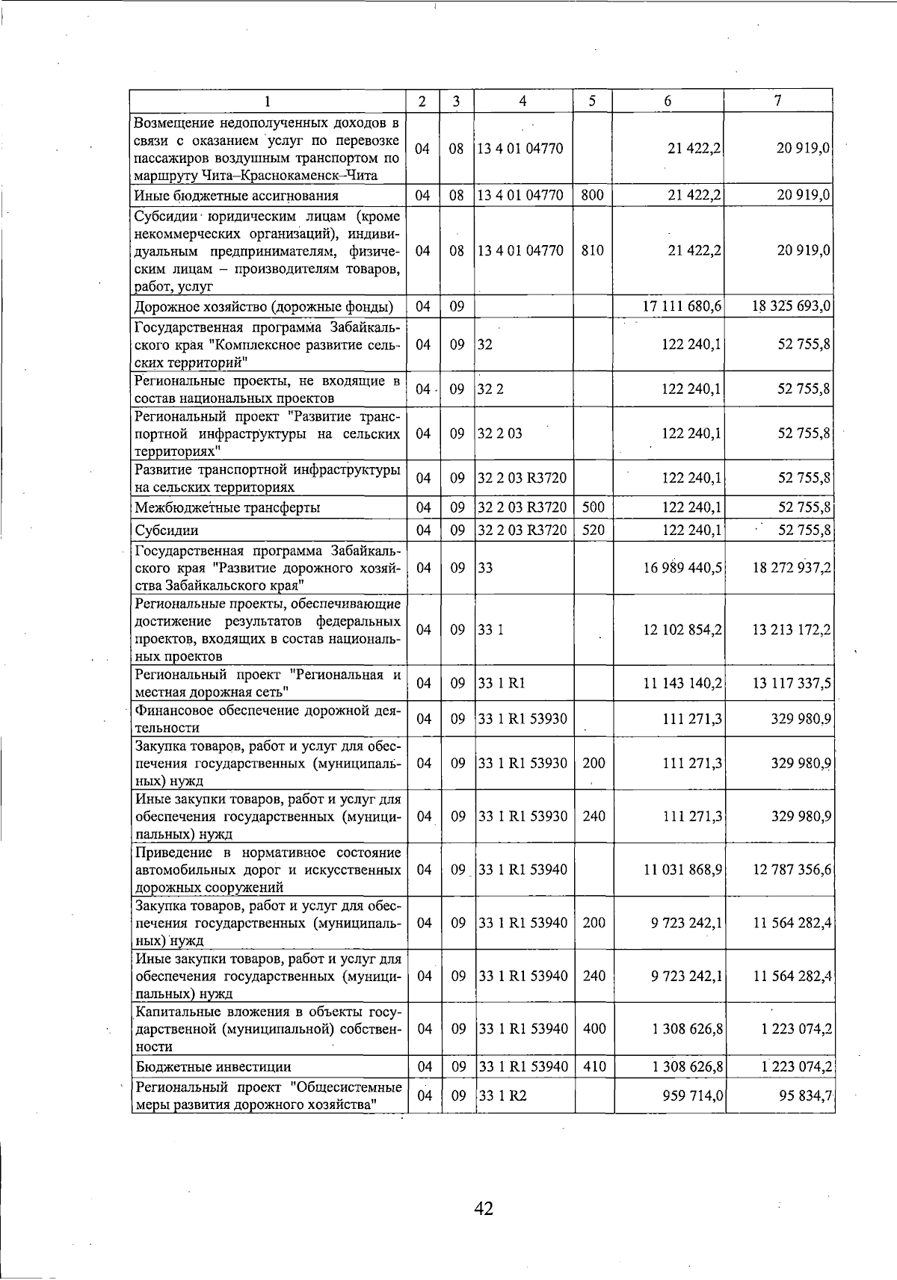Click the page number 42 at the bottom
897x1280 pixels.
(x=484, y=1208)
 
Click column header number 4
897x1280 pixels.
(x=523, y=101)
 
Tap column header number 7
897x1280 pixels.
(x=778, y=101)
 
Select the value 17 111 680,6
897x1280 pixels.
(x=682, y=306)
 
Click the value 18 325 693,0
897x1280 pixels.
(x=792, y=306)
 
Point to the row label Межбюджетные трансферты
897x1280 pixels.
(x=227, y=508)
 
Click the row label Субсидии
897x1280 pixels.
(x=167, y=531)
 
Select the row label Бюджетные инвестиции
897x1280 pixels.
(x=213, y=1066)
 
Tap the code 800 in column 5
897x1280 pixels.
(x=592, y=195)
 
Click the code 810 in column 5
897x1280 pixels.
(x=592, y=250)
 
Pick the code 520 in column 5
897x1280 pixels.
(x=593, y=531)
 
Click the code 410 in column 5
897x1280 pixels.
(x=594, y=1066)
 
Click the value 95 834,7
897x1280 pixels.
(x=804, y=1095)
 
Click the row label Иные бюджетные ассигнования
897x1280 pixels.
(x=236, y=196)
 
